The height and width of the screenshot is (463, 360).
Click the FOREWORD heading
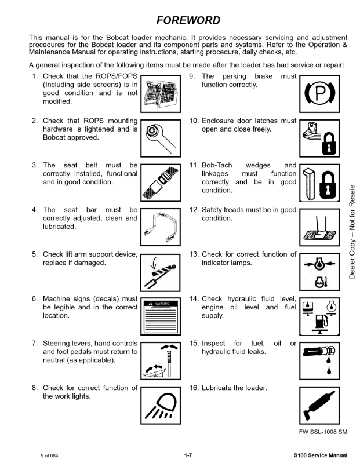[x=188, y=21]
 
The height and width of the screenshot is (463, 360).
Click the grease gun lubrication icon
[x=319, y=405]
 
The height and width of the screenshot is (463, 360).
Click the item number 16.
[x=194, y=388]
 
